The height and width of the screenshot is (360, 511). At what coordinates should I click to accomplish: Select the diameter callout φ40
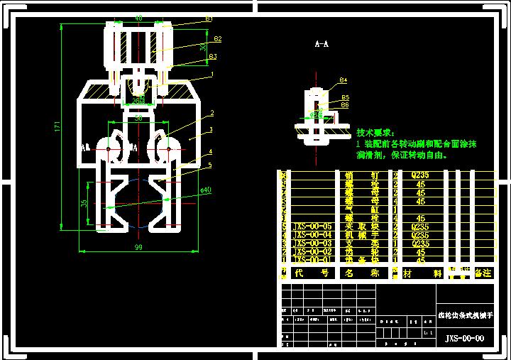tap(205, 190)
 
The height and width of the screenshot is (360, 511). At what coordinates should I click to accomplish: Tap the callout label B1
tap(209, 18)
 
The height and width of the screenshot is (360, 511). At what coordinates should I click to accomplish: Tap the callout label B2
tap(217, 38)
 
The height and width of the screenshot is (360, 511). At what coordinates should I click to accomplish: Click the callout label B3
tap(212, 56)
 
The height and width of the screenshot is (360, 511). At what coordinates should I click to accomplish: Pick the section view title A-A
tap(322, 44)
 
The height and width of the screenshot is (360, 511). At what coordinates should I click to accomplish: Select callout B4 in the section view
tap(344, 80)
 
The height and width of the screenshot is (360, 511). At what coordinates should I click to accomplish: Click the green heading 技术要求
tap(378, 133)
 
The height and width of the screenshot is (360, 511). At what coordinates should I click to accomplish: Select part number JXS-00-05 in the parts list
tap(312, 226)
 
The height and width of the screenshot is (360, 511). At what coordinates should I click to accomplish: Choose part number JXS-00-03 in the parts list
tap(312, 243)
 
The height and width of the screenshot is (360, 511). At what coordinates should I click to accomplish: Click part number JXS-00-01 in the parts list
tap(312, 260)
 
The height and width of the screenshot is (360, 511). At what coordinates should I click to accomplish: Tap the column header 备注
tap(483, 272)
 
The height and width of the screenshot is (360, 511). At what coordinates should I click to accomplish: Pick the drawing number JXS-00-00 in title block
tap(464, 339)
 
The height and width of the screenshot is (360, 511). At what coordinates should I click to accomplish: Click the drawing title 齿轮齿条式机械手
tap(463, 315)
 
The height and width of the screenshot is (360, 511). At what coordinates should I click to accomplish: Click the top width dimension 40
tap(138, 18)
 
